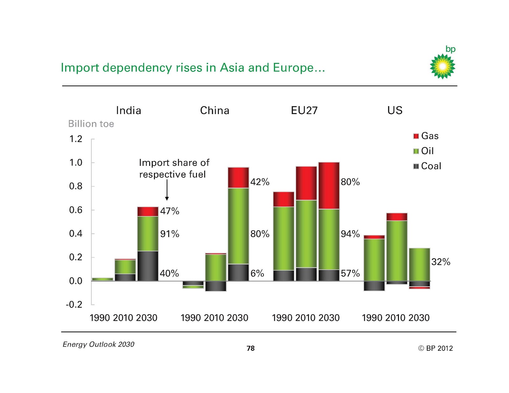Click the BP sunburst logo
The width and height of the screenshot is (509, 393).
point(442,66)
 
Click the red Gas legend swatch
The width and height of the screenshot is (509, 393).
point(416,136)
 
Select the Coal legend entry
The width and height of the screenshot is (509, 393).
point(427,166)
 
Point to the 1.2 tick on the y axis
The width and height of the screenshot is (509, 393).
point(76,139)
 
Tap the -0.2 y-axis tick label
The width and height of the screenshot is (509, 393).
point(74,305)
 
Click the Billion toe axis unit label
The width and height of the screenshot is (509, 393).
point(91,124)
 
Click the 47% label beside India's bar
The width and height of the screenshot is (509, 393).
point(170,211)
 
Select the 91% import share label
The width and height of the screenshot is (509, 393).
point(170,234)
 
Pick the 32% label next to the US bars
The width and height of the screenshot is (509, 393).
point(441,262)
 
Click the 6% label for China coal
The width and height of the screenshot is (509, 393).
point(257,274)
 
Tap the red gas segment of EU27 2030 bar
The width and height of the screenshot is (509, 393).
point(329,186)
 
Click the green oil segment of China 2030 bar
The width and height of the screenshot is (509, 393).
point(238,226)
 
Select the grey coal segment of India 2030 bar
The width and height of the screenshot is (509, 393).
point(148,266)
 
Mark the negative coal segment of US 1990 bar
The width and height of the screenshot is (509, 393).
point(374,286)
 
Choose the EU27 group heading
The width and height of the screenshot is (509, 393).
point(304,111)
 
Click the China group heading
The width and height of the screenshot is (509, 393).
point(214,111)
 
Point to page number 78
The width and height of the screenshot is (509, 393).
point(250,349)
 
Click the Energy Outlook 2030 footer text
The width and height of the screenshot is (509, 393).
point(98,344)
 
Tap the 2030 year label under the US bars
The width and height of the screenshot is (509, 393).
point(419,318)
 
